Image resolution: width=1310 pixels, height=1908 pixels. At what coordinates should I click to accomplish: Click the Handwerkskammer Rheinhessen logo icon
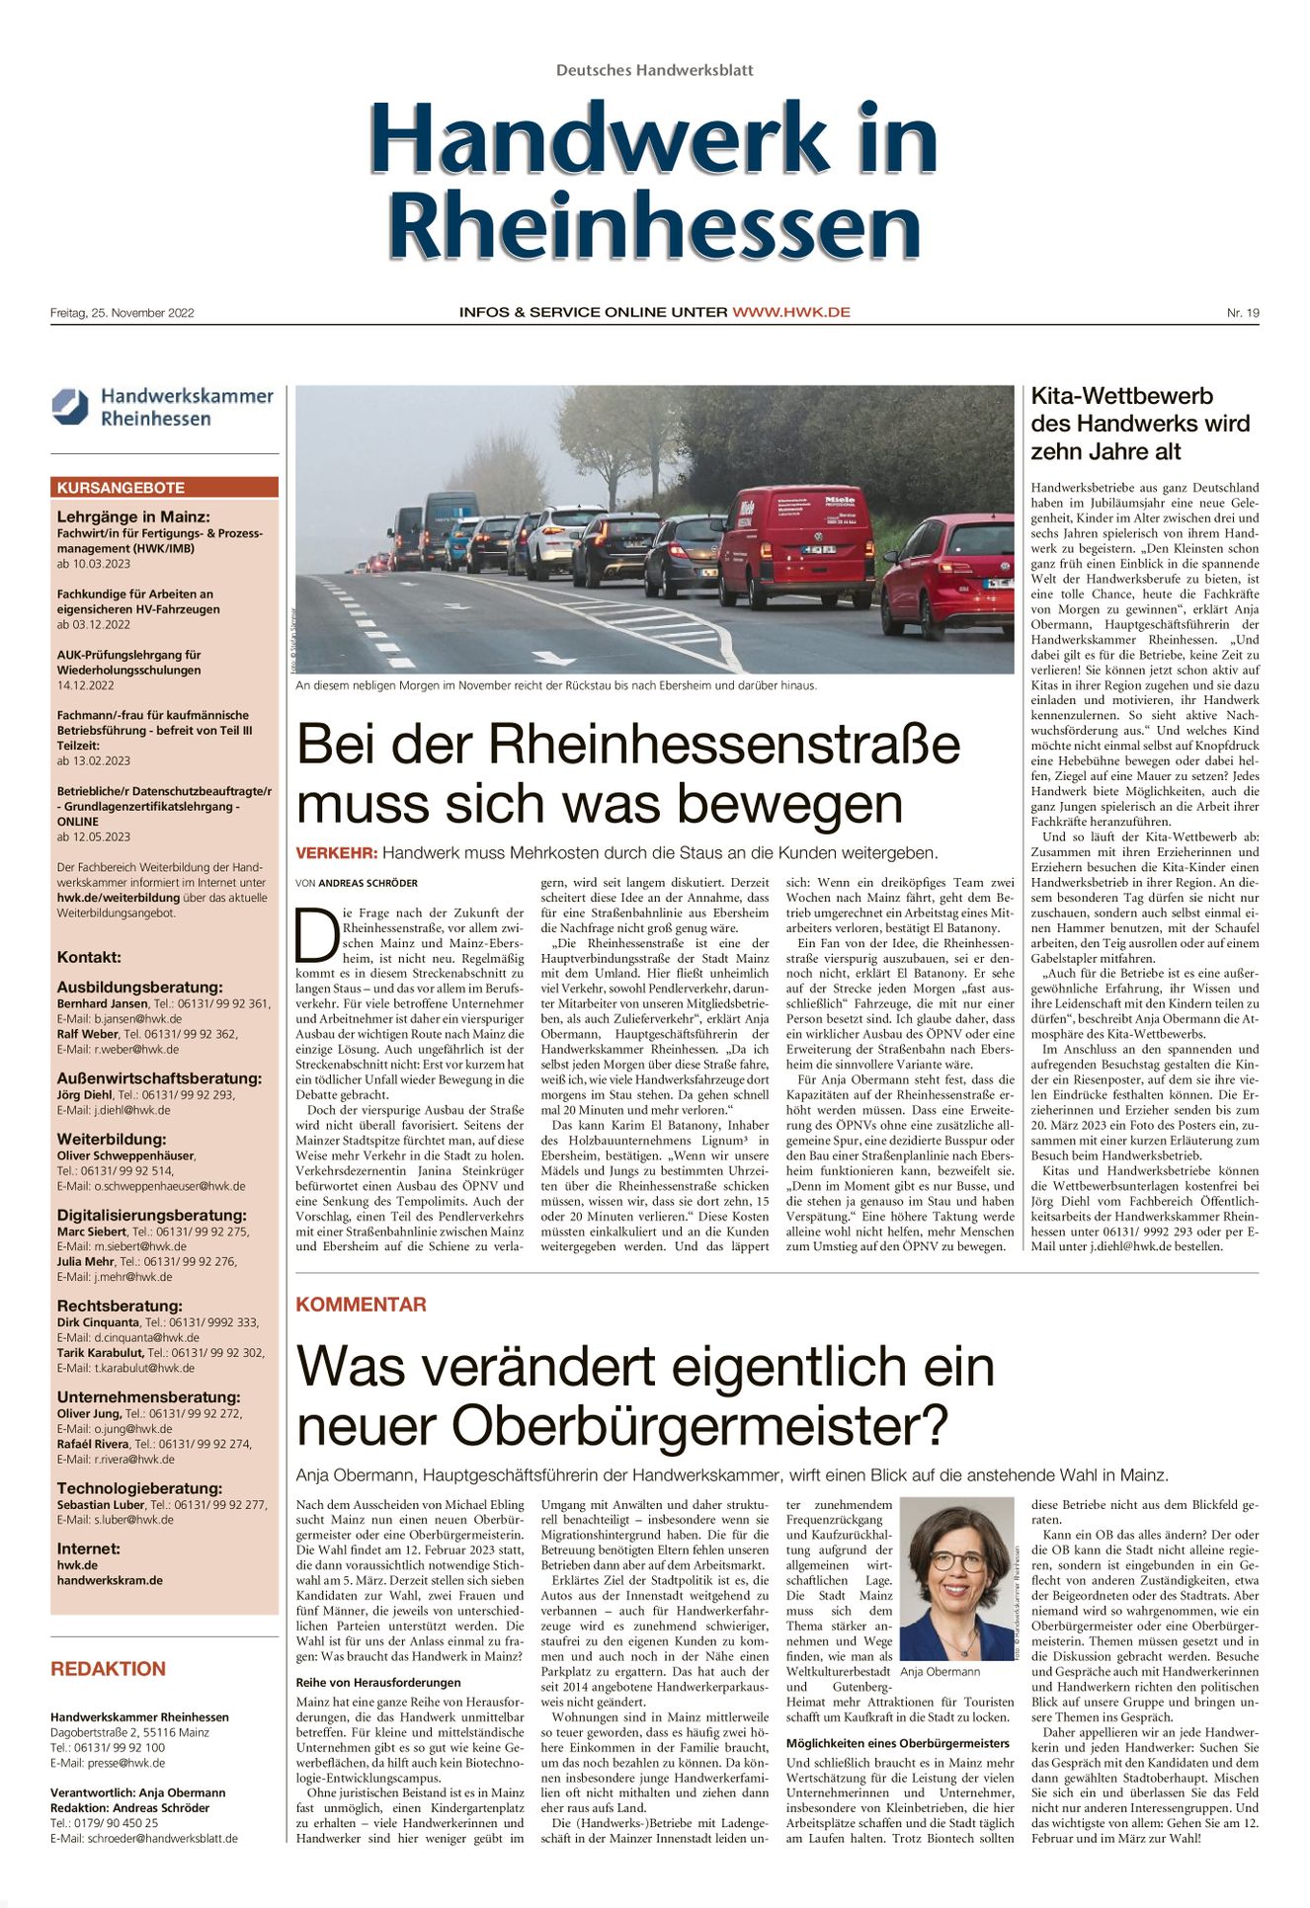pyautogui.click(x=70, y=407)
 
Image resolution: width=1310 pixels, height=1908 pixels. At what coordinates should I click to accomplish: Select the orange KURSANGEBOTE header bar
pyautogui.click(x=164, y=488)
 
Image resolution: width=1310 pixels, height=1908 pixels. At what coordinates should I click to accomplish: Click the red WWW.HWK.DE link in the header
pyautogui.click(x=790, y=312)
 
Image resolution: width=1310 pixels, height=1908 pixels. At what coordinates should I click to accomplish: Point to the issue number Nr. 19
pyautogui.click(x=1243, y=313)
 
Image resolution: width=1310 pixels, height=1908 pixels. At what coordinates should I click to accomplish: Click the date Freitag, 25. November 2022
pyautogui.click(x=123, y=313)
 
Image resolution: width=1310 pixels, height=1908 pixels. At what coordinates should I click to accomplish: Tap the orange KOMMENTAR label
pyautogui.click(x=361, y=1305)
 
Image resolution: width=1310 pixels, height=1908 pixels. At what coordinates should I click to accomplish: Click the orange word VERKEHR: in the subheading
pyautogui.click(x=337, y=852)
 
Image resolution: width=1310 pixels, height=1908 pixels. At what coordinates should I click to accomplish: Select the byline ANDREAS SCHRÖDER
pyautogui.click(x=368, y=883)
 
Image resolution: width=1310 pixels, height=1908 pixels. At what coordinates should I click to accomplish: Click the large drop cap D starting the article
pyautogui.click(x=316, y=934)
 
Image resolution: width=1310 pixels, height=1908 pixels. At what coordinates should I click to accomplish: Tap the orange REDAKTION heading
pyautogui.click(x=108, y=1669)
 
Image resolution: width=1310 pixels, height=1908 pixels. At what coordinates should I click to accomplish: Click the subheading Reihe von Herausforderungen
pyautogui.click(x=378, y=1682)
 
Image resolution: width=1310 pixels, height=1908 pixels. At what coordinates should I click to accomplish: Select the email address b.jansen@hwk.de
pyautogui.click(x=137, y=1019)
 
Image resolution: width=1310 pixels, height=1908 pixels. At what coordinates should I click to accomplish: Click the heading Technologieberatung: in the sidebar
pyautogui.click(x=139, y=1488)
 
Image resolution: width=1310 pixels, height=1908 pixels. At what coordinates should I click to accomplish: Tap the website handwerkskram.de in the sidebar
pyautogui.click(x=110, y=1580)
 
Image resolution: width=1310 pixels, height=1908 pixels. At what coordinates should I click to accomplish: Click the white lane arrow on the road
pyautogui.click(x=552, y=658)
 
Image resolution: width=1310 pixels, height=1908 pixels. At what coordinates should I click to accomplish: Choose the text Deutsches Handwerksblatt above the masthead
pyautogui.click(x=654, y=70)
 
